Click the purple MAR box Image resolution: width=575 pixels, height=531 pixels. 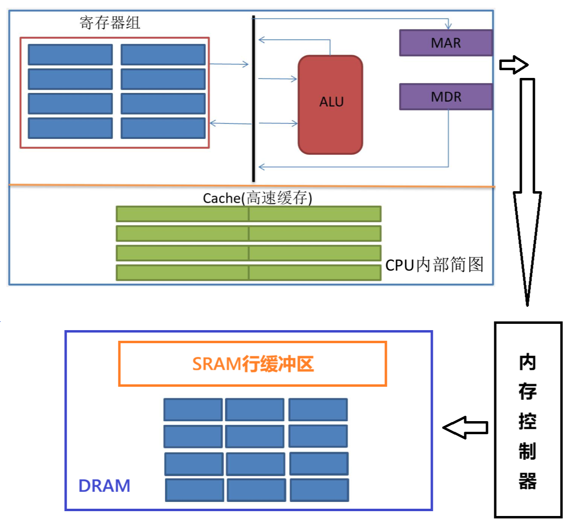445,43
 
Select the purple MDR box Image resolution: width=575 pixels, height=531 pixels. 445,97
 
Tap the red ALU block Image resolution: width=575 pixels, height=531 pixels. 330,105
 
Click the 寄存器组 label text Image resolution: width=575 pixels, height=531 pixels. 110,23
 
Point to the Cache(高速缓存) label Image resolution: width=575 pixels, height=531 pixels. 257,197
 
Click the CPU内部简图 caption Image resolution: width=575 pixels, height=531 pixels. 434,265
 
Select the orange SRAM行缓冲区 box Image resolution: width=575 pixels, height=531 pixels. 252,364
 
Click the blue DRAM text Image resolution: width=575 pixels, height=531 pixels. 104,486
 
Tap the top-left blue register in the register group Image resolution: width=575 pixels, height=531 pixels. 70,55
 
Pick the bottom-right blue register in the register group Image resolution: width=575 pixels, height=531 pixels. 163,128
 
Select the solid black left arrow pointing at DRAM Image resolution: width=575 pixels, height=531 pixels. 465,427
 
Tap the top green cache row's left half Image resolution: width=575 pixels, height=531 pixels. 182,214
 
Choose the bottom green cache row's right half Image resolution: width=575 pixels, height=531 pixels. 315,273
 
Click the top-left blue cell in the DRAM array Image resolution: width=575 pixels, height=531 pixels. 193,410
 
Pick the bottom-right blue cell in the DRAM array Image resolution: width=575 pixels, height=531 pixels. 319,490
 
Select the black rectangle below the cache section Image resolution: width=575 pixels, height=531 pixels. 248,302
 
